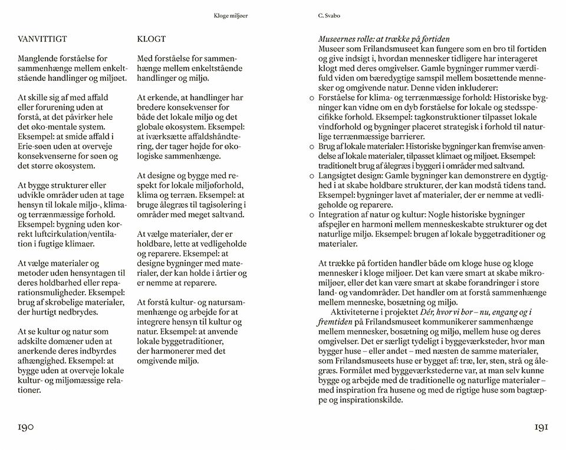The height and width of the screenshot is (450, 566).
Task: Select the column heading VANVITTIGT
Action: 42,40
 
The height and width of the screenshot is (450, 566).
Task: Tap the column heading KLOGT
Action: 151,40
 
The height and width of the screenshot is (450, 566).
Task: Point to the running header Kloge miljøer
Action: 231,17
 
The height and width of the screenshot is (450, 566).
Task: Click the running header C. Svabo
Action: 328,17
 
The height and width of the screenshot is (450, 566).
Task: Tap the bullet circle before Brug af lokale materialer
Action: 312,146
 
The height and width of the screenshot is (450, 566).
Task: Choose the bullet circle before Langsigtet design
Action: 312,175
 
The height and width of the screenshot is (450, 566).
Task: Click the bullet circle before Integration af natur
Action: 312,214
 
